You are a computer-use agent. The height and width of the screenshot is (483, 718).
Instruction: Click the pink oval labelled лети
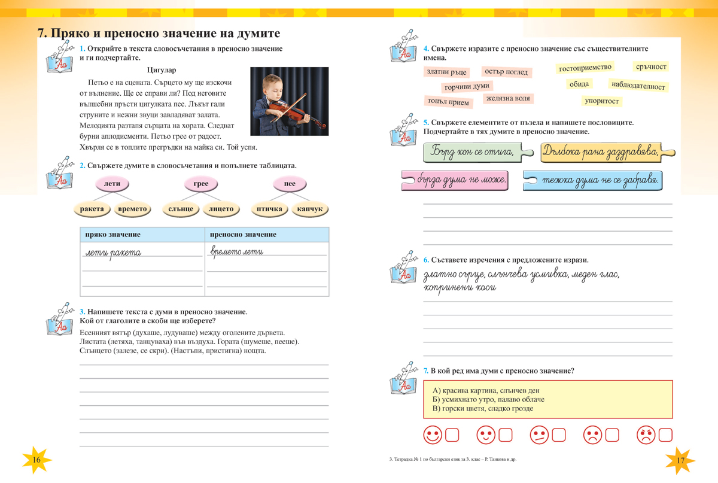coord(112,184)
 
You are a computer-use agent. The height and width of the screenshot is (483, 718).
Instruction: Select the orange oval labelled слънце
coord(181,209)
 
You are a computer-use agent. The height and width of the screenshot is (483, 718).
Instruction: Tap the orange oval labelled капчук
coord(310,209)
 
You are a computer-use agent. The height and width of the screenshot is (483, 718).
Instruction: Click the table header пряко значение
coord(113,235)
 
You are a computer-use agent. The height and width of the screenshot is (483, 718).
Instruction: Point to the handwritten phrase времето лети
coord(236,252)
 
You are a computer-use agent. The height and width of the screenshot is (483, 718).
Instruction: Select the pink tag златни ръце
coord(446,72)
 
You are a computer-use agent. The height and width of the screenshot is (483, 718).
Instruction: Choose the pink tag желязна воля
coord(508,98)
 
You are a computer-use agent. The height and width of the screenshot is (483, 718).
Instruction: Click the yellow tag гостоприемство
coord(585,68)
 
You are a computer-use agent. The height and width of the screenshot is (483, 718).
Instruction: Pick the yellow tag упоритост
coord(601,101)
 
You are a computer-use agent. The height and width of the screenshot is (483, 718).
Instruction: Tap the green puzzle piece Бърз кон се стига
coord(473,153)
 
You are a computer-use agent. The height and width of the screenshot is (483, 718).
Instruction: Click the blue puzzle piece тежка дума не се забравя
coord(592,180)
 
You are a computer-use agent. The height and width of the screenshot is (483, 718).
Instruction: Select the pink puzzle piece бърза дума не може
coord(455,180)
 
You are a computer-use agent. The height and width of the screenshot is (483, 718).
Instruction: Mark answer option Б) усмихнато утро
coord(488,399)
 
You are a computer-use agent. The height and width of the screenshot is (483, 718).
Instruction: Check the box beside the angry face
coord(666,435)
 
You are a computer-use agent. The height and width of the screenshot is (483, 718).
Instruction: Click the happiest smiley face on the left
coord(432,435)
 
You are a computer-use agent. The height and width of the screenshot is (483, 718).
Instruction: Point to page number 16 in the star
coord(36,460)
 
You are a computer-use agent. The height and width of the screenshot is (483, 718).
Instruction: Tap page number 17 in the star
coord(680,460)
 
